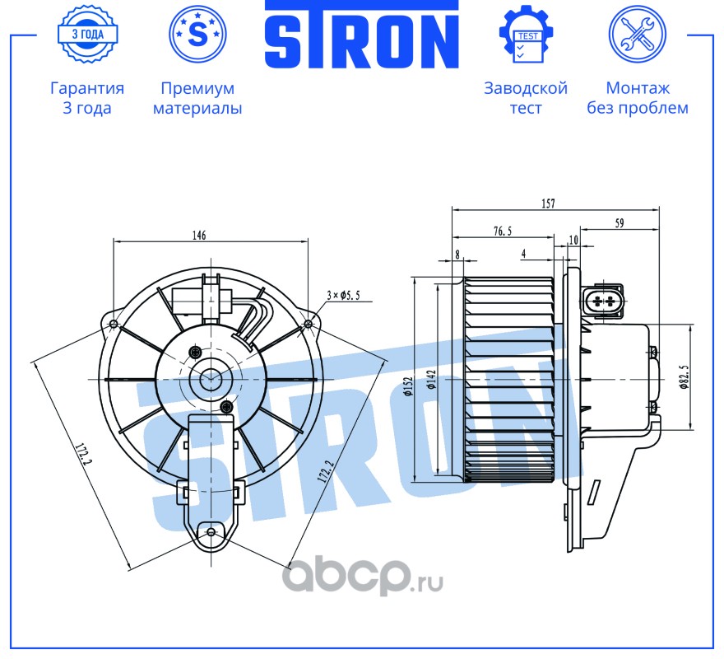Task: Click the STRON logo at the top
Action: coord(361,35)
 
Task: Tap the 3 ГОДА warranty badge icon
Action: coord(87,34)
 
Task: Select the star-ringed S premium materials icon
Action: coord(197,34)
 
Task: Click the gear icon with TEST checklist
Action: coord(527,34)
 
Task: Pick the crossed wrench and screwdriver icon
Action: coord(637,34)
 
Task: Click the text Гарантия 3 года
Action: coord(87,98)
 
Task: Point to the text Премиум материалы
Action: coord(197,98)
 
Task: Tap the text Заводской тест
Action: coord(526,98)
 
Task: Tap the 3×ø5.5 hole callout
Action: coord(344,294)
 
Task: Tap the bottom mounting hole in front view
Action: coord(211,532)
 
